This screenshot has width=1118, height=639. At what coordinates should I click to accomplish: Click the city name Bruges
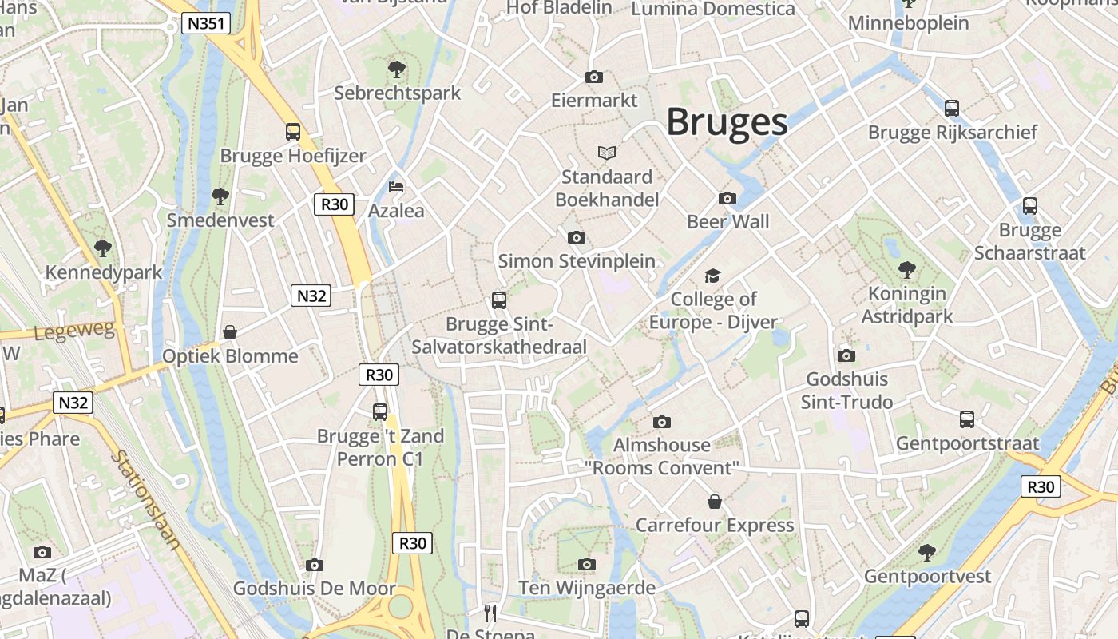point(727,122)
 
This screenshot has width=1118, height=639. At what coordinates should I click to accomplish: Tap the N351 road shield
point(206,24)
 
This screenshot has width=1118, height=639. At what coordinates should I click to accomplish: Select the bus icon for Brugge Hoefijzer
point(293,132)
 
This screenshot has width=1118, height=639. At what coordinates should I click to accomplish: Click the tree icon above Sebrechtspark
point(396,69)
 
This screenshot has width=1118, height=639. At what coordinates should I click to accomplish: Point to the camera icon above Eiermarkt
point(593,77)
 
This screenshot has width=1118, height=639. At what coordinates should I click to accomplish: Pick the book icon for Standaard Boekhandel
point(607,153)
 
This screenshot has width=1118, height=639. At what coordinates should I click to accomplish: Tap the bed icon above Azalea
point(396,188)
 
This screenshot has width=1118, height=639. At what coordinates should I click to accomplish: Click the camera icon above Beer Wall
point(727,198)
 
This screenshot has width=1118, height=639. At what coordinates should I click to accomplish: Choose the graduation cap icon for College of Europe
point(712,276)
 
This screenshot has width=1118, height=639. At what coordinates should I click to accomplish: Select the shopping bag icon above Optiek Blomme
point(230,331)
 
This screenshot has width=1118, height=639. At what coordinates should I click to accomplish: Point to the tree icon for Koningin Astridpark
point(906,270)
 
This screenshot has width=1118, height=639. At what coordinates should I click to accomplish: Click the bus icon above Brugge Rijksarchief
point(951,109)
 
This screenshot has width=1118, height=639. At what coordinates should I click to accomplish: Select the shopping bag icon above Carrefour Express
point(715,502)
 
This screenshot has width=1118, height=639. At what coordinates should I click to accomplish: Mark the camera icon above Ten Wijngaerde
point(587,565)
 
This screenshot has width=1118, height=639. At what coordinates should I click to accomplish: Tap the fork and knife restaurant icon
point(490,613)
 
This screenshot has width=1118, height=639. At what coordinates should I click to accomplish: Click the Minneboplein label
point(908,23)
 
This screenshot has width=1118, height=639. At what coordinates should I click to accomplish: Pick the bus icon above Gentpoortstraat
point(966,419)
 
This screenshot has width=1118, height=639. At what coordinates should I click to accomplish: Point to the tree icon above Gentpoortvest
point(926,552)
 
